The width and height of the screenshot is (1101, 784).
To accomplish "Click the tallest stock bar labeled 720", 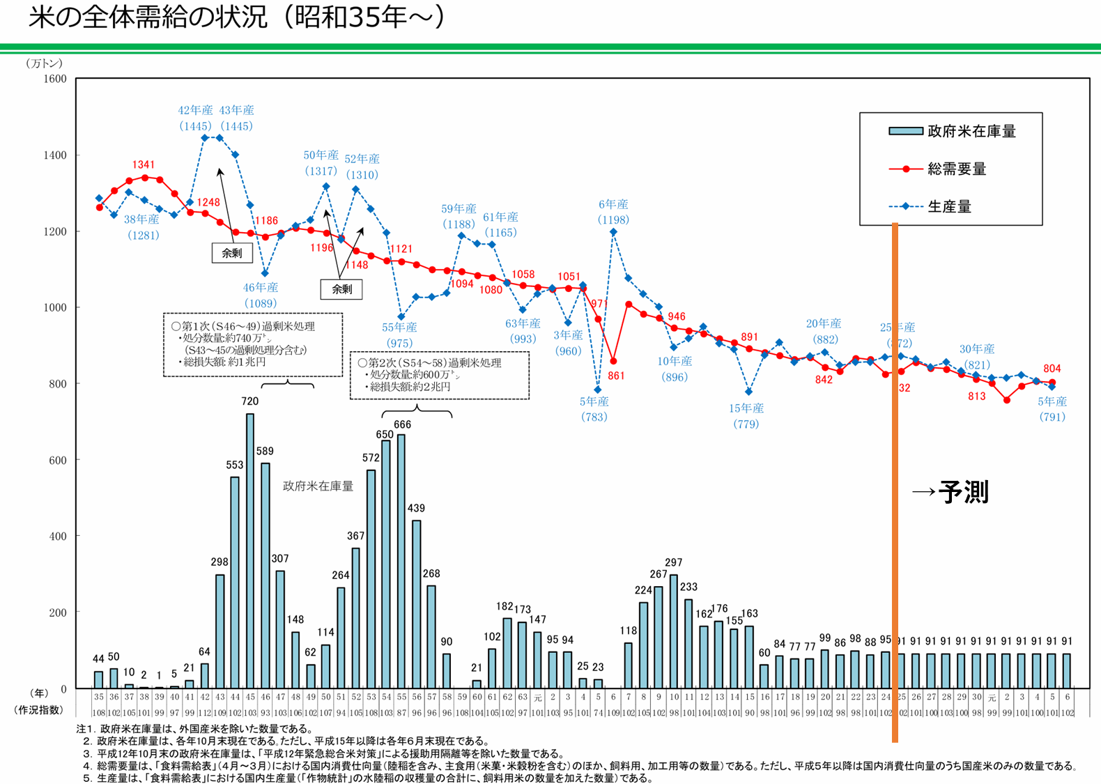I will coord(250,551).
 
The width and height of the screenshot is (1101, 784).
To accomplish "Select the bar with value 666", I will coord(401,561).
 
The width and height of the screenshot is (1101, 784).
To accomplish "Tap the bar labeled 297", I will coord(673,631).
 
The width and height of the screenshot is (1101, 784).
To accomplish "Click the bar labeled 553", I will coord(235,582).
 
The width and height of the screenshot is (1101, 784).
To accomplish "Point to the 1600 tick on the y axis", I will coord(55,79).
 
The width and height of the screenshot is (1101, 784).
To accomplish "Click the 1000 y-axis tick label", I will coord(55,307).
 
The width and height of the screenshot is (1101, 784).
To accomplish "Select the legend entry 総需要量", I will coord(957,169).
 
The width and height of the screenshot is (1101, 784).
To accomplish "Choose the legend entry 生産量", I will coord(949,206).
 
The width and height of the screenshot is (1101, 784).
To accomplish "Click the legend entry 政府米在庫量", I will coord(971,131).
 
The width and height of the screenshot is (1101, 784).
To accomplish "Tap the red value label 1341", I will coord(144,164).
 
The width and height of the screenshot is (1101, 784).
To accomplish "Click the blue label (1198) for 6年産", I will coord(613,220).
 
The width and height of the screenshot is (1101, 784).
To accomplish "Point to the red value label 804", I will coord(1052,369).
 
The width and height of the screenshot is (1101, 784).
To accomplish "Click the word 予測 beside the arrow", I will coord(963,492).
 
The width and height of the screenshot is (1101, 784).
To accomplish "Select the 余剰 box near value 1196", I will coord(341,289).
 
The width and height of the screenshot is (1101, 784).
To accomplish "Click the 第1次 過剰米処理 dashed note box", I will coord(253,344).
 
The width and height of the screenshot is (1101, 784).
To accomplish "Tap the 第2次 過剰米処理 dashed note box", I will coord(439,375).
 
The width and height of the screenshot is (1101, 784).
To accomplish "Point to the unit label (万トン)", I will coord(44,63).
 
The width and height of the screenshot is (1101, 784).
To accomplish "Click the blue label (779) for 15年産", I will coord(746,424).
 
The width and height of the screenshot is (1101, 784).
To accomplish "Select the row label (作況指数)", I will coord(38,710).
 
